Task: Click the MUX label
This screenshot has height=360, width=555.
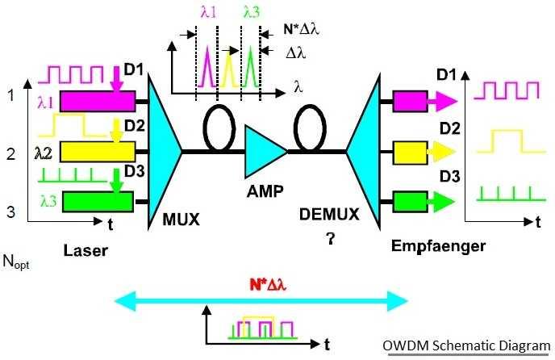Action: coord(180,218)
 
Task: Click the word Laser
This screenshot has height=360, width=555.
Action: coord(86,251)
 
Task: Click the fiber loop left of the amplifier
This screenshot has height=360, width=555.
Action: coord(218,124)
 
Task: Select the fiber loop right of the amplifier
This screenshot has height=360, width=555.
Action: coord(310,124)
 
